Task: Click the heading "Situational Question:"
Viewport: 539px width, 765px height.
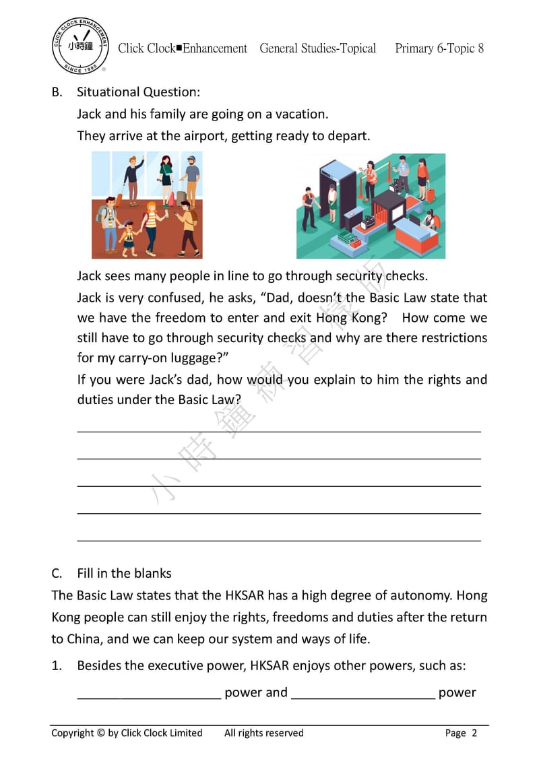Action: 138,92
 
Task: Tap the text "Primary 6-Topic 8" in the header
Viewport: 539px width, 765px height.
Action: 439,48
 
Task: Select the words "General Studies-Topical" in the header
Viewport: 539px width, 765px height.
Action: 317,48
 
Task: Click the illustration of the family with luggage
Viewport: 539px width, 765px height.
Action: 147,205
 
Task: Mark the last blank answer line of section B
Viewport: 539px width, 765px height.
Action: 279,539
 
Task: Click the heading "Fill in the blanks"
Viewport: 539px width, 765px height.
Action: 124,573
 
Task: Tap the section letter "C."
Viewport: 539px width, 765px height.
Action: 57,573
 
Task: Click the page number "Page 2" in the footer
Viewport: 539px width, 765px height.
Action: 461,733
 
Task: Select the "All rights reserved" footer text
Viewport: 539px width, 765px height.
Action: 264,733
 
